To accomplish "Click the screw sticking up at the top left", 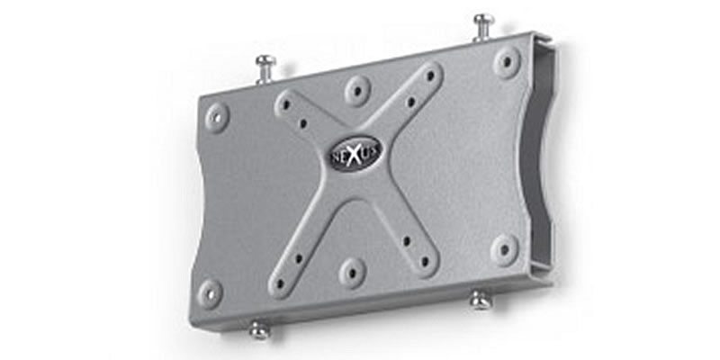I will click(x=265, y=66).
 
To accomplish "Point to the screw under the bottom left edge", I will click(x=259, y=328).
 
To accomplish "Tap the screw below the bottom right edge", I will click(x=481, y=300).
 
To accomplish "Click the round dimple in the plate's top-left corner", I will click(x=217, y=116).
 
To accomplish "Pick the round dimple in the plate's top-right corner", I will click(x=507, y=62).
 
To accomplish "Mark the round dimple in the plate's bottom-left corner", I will click(x=210, y=292).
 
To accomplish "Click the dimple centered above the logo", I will click(x=357, y=90).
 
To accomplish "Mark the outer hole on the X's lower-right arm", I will click(x=425, y=260).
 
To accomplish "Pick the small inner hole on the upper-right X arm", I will click(x=410, y=103).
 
